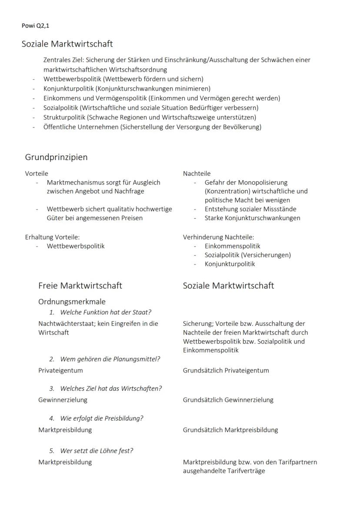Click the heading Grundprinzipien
[x=56, y=157]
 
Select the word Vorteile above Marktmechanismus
[x=37, y=174]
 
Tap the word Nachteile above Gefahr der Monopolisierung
[x=197, y=174]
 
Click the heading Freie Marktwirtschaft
[x=80, y=285]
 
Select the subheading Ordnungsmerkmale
[x=72, y=301]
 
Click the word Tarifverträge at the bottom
[x=245, y=471]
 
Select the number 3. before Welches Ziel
[x=52, y=388]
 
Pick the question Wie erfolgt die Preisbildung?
[x=102, y=418]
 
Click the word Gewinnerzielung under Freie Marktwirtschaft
[x=63, y=399]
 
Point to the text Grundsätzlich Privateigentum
[x=226, y=370]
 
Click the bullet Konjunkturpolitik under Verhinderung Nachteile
[x=230, y=264]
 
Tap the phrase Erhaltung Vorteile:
[x=52, y=237]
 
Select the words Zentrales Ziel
[x=63, y=60]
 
